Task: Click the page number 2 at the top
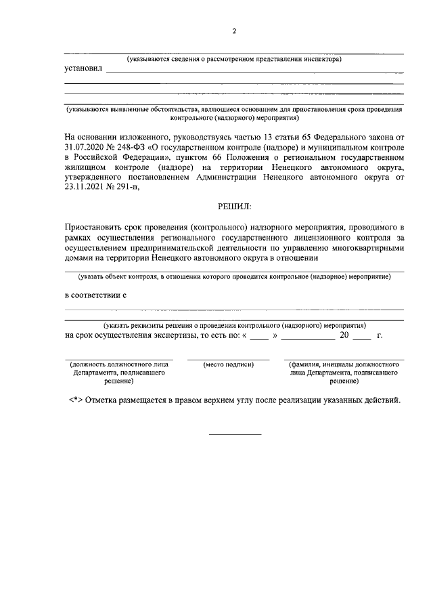234,30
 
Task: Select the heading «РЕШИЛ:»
234,206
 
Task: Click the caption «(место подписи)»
228,365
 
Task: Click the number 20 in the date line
344,335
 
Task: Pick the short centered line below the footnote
234,433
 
